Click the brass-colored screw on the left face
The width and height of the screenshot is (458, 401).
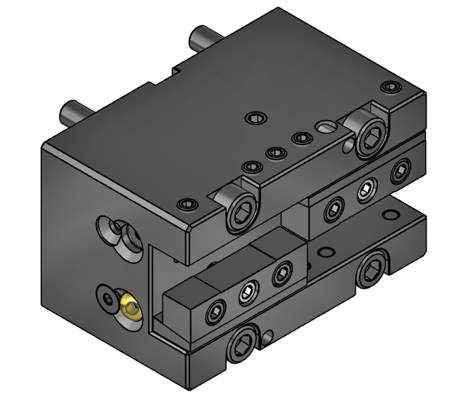point(131,309)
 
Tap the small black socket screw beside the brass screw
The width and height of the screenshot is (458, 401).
point(107,295)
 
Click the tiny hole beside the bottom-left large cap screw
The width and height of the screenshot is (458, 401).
point(269,334)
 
